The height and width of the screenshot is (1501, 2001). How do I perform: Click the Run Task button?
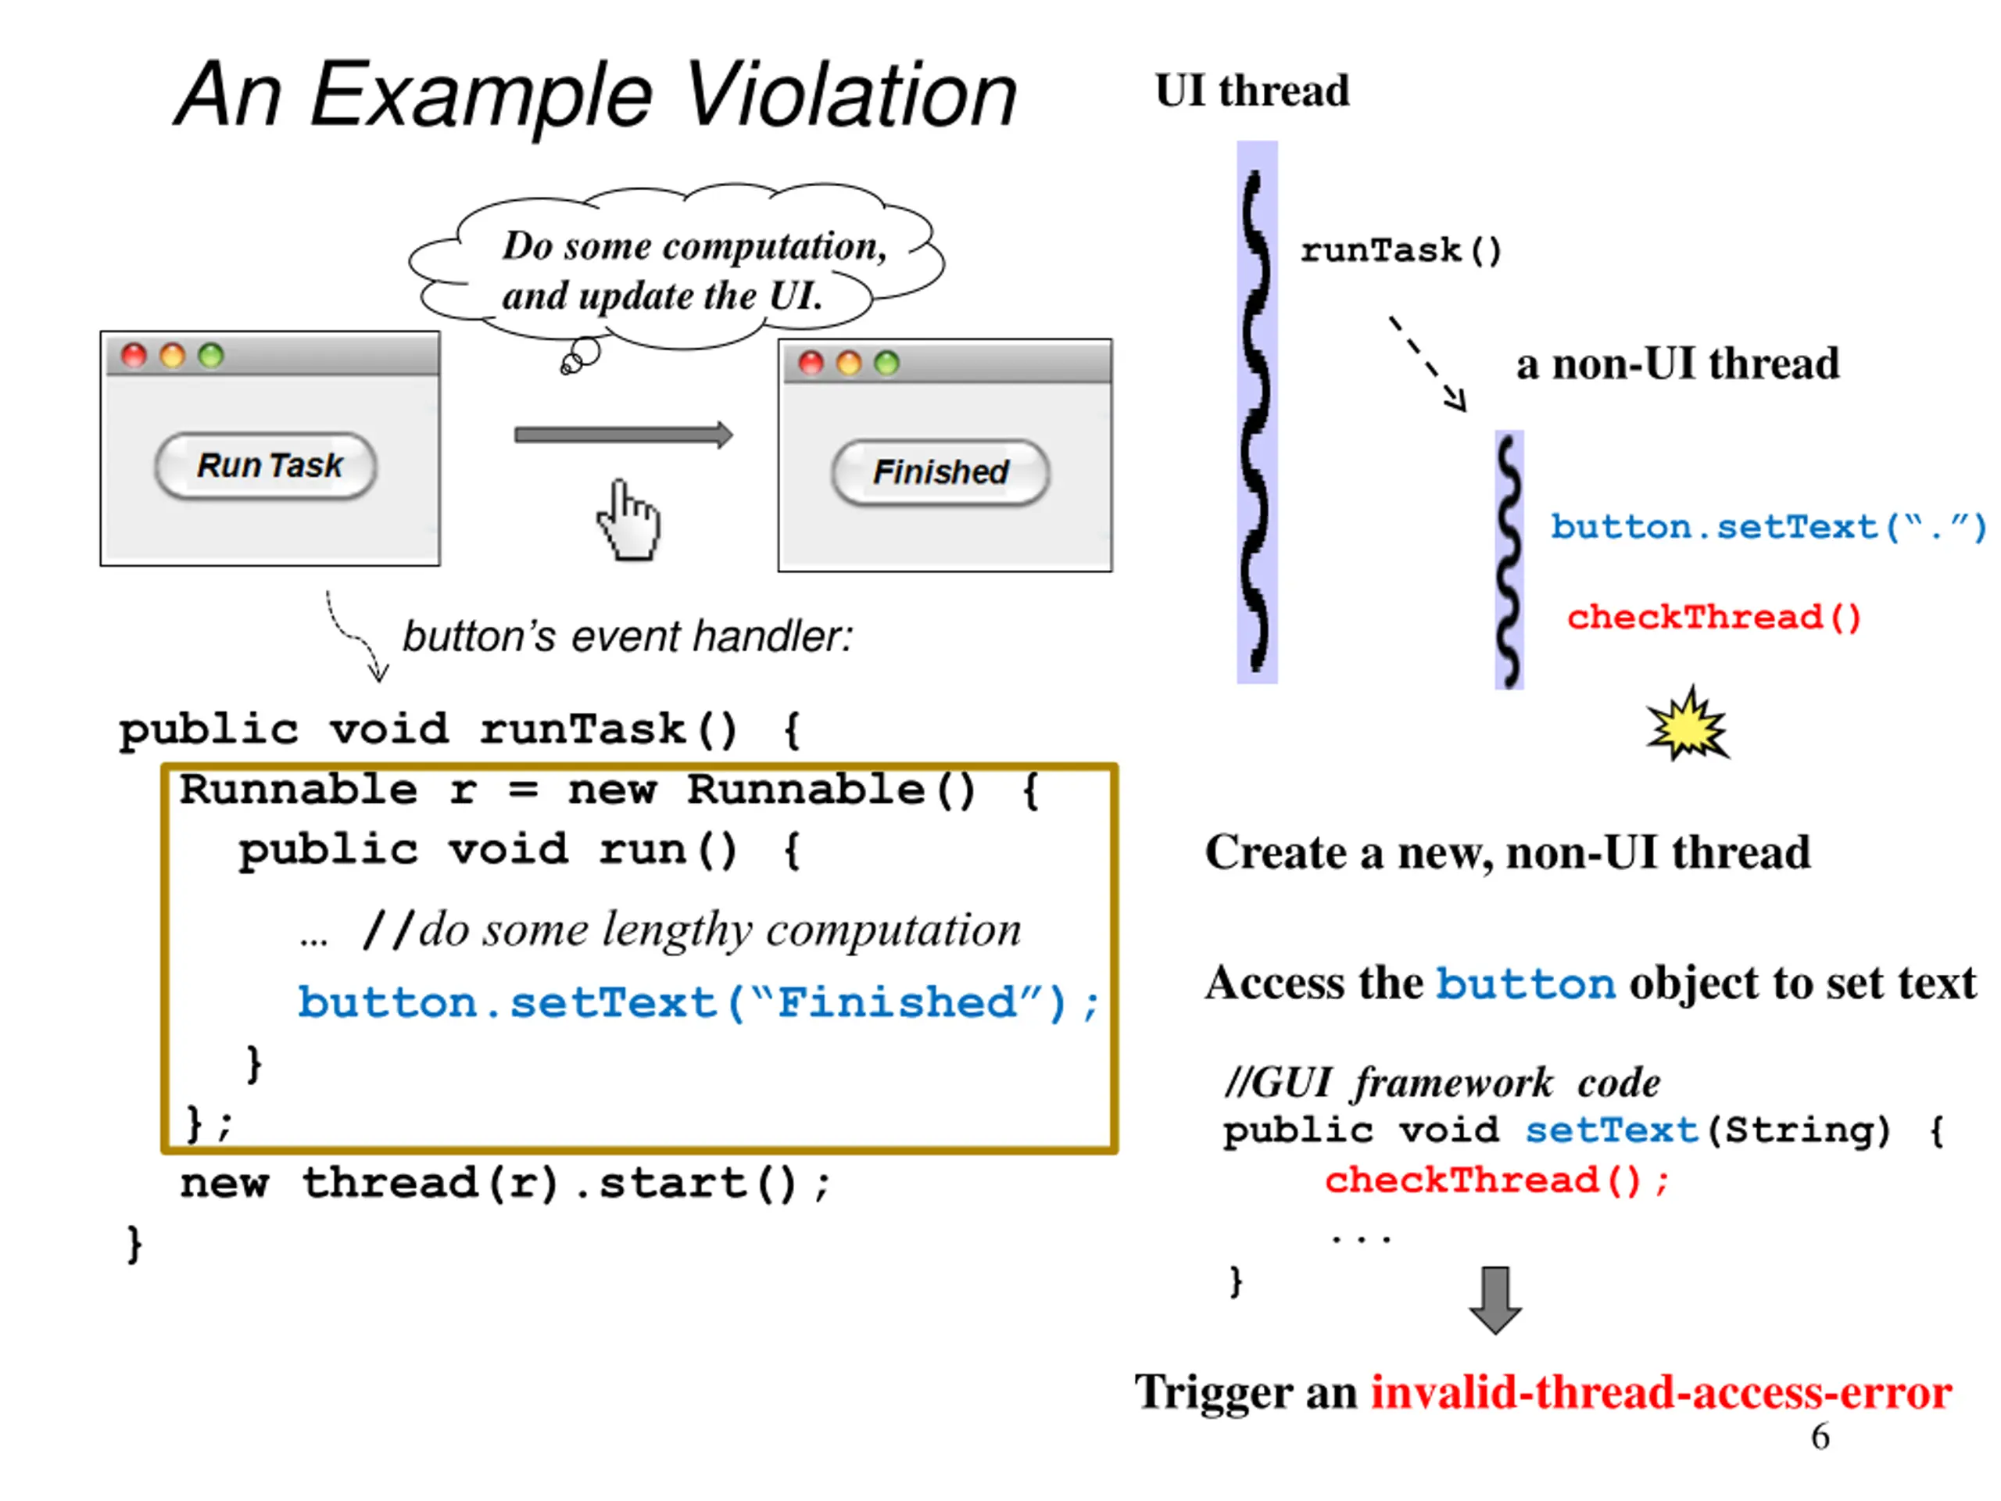pyautogui.click(x=266, y=465)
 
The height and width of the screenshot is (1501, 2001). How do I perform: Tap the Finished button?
pyautogui.click(x=941, y=471)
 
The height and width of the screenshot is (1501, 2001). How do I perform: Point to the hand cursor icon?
pyautogui.click(x=628, y=520)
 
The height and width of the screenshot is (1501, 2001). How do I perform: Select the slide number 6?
pyautogui.click(x=1820, y=1437)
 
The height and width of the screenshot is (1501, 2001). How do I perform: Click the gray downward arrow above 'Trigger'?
pyautogui.click(x=1495, y=1300)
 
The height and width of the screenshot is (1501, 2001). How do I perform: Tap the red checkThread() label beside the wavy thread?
pyautogui.click(x=1714, y=617)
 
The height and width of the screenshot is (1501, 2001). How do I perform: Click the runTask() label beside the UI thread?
pyautogui.click(x=1401, y=251)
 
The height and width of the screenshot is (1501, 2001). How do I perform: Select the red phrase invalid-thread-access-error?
pyautogui.click(x=1661, y=1392)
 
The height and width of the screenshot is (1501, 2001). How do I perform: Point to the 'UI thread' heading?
pyautogui.click(x=1252, y=91)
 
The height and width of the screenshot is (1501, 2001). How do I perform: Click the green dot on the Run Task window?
pyautogui.click(x=211, y=356)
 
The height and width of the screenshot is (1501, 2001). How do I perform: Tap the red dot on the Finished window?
pyautogui.click(x=811, y=363)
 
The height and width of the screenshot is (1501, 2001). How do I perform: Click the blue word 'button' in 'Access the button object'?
pyautogui.click(x=1526, y=983)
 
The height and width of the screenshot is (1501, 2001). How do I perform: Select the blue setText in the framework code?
pyautogui.click(x=1611, y=1130)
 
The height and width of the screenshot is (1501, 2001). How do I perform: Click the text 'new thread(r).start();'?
pyautogui.click(x=505, y=1184)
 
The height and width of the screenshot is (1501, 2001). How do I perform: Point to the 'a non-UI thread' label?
pyautogui.click(x=1678, y=364)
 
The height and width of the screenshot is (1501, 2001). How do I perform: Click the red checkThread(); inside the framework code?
pyautogui.click(x=1497, y=1180)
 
